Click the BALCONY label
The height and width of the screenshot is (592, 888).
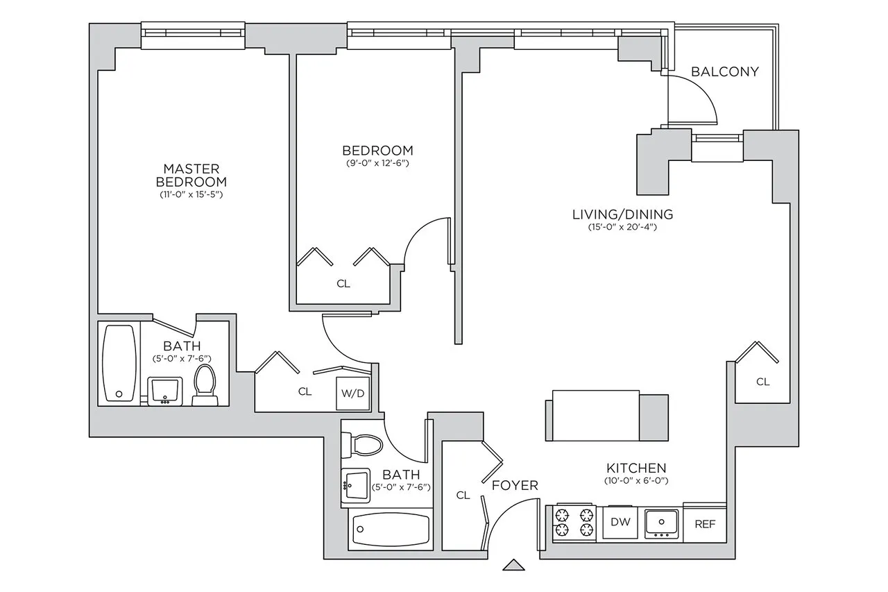tap(725, 71)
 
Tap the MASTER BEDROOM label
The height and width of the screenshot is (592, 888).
tap(191, 175)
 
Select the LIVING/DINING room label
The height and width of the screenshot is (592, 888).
tap(622, 214)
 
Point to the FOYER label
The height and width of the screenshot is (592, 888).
tap(515, 485)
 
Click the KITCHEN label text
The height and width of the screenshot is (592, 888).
tap(635, 468)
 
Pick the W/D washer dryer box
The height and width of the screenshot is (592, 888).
tap(352, 394)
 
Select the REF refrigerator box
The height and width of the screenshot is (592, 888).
tap(704, 524)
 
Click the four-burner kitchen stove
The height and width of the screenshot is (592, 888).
tap(574, 523)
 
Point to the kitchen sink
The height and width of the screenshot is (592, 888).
tap(661, 522)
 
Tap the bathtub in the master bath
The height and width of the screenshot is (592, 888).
tap(119, 363)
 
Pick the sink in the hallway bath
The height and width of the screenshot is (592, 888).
tap(355, 485)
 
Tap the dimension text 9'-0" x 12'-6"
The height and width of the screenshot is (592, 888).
tap(377, 164)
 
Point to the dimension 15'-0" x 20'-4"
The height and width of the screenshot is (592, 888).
tap(622, 228)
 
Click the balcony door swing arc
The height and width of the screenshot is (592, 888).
tap(701, 97)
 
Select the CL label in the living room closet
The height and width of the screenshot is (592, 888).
tap(762, 382)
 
